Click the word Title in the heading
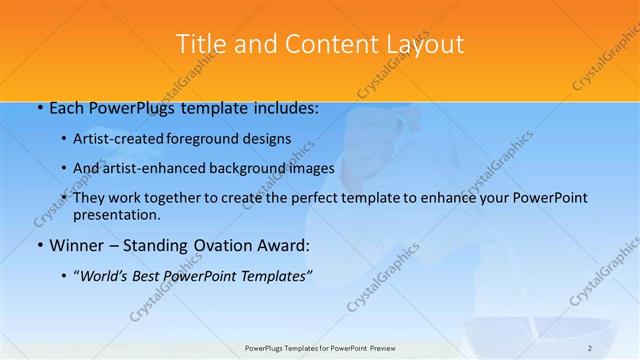point(200,44)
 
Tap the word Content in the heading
point(312,44)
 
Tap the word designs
point(270,139)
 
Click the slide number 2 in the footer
point(590,347)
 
